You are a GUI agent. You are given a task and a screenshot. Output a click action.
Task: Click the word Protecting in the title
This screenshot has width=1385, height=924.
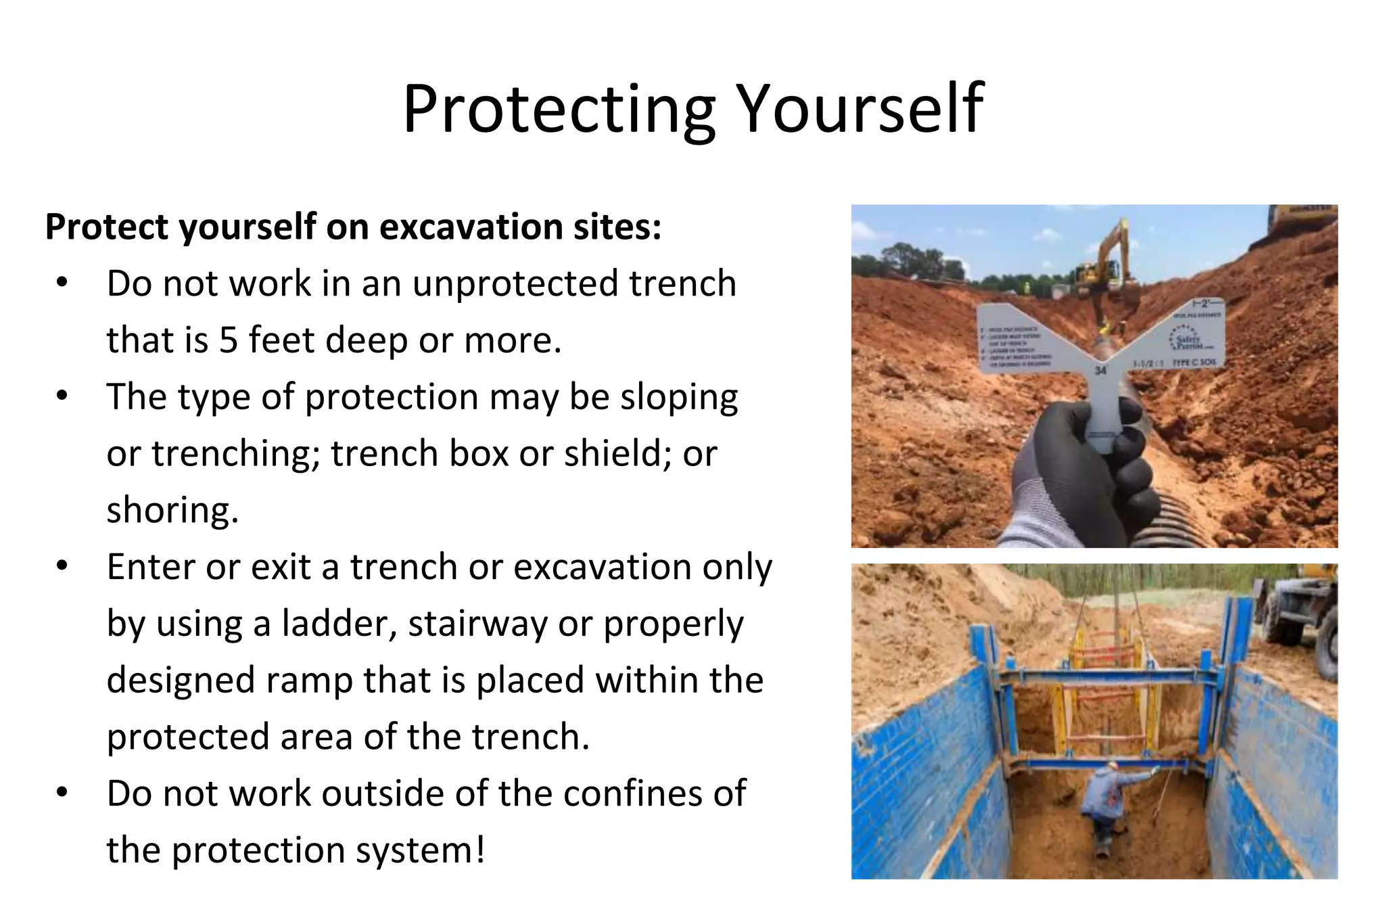(559, 110)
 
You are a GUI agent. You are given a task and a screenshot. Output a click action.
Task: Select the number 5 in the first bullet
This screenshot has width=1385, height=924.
(229, 340)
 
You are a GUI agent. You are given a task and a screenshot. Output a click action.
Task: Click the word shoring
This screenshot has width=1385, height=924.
(172, 511)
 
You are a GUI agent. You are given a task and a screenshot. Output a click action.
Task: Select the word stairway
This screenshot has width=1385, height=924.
(477, 624)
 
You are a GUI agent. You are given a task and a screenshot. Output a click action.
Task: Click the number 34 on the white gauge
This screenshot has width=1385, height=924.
(1100, 371)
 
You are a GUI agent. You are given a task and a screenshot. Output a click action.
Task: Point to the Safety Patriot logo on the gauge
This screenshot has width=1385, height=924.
(1188, 340)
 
